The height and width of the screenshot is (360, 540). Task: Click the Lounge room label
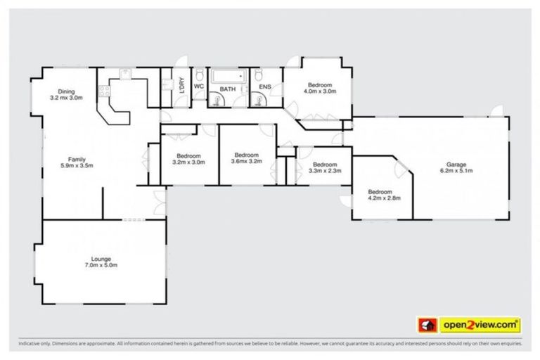[98, 262]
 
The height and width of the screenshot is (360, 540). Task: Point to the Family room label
[77, 162]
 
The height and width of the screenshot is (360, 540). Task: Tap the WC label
[198, 87]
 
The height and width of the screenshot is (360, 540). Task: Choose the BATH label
[227, 89]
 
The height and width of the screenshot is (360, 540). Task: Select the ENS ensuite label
[264, 88]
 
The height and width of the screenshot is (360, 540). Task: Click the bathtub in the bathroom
[227, 76]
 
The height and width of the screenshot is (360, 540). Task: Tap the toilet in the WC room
[199, 75]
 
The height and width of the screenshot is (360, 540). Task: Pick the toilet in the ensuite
[259, 76]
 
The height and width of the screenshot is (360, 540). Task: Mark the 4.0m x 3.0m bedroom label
[320, 88]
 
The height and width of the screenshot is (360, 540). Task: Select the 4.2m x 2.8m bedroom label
[383, 195]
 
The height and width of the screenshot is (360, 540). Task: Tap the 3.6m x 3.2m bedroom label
[246, 159]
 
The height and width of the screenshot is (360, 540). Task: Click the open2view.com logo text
[480, 325]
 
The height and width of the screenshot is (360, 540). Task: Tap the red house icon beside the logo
[426, 326]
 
